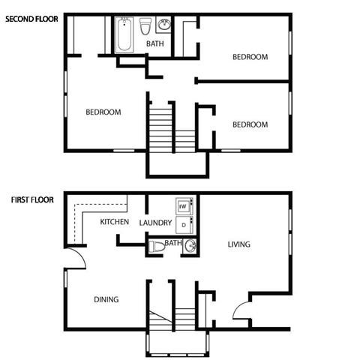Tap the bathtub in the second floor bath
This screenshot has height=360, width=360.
125,34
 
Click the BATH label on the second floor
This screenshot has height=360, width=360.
155,43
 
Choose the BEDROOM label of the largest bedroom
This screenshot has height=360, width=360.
103,112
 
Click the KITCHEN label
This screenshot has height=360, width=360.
115,222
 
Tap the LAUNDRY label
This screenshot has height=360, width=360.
155,222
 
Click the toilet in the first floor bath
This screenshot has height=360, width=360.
156,247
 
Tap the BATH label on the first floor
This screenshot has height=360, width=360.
173,243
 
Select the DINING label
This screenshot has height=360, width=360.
106,299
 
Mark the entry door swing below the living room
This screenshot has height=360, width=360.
241,312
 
